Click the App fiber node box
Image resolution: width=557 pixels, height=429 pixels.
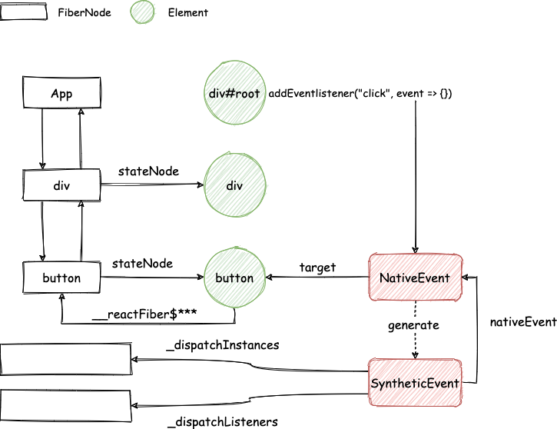click(x=61, y=92)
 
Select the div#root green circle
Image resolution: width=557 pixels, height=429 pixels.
click(x=235, y=92)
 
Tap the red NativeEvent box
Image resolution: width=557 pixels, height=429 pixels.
click(x=416, y=278)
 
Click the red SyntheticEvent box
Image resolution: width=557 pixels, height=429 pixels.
click(x=416, y=382)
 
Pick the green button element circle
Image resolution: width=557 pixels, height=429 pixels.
click(x=235, y=278)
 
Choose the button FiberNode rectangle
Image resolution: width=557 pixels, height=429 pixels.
click(x=61, y=278)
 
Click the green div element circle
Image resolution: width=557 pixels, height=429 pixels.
click(x=235, y=185)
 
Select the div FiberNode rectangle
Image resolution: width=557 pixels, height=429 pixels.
click(x=61, y=185)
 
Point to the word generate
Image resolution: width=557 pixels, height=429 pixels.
click(x=413, y=325)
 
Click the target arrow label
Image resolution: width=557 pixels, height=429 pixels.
click(x=317, y=268)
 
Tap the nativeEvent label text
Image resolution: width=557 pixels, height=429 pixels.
click(x=523, y=322)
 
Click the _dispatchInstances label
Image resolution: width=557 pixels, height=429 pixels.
click(x=223, y=345)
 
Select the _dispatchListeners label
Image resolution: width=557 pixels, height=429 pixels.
click(x=223, y=422)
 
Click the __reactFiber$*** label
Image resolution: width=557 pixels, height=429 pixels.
click(x=144, y=314)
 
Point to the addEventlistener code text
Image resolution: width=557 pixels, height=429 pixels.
click(x=360, y=94)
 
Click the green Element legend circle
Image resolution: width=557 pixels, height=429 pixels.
click(x=142, y=12)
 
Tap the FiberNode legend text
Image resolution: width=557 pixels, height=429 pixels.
click(x=85, y=13)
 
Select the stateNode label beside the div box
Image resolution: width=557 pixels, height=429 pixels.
click(x=148, y=171)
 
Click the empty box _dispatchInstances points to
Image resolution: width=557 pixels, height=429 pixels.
click(x=66, y=359)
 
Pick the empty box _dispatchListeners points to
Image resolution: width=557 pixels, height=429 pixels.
click(x=66, y=406)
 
